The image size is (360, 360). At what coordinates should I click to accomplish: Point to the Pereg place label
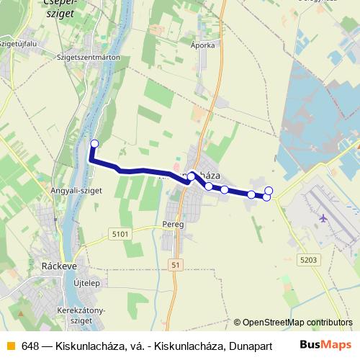coord(174,225)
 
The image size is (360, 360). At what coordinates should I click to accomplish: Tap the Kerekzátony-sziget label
coord(81,314)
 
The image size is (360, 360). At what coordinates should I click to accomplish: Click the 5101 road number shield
coord(120,234)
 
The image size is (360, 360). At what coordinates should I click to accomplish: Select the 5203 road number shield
coord(308,259)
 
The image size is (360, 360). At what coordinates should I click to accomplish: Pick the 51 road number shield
coord(176,265)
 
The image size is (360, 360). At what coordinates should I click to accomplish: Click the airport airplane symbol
coord(323,217)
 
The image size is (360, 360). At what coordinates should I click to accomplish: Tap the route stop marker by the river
coord(94,143)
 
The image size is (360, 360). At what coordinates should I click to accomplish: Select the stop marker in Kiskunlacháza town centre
coord(192,176)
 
